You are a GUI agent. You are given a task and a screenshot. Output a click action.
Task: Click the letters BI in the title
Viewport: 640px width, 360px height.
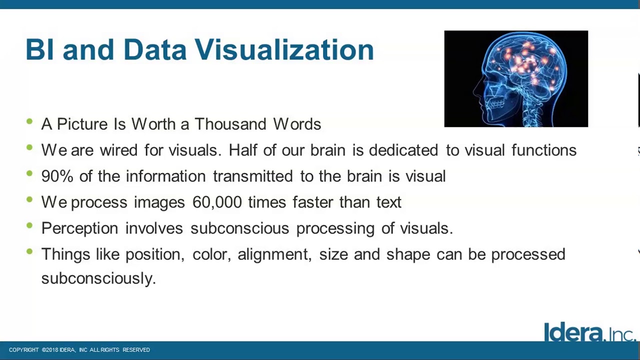[x=39, y=50]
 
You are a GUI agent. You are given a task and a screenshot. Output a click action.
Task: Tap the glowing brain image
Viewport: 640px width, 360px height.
[x=516, y=78]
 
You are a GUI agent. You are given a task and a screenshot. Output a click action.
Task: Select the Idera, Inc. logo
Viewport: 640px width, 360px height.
[x=589, y=332]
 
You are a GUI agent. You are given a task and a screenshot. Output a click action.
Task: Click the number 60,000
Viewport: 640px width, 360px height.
[x=217, y=202]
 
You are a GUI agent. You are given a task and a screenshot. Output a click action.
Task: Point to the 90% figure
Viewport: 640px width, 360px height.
[x=57, y=176]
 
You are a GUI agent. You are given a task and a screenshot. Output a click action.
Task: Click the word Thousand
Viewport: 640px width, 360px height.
[x=230, y=124]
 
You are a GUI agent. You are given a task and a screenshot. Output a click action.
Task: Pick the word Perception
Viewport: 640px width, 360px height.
[x=79, y=228]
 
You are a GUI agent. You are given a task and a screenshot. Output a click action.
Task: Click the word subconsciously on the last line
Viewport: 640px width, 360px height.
[x=98, y=278]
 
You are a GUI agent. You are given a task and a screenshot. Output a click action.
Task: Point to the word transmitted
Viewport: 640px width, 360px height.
[x=252, y=176]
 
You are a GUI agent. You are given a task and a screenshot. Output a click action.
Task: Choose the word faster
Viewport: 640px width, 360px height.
[x=312, y=202]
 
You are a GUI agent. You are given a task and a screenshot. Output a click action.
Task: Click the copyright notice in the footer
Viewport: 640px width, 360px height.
[x=79, y=350]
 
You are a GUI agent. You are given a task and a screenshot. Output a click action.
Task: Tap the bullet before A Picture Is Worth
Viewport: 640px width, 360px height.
[x=29, y=121]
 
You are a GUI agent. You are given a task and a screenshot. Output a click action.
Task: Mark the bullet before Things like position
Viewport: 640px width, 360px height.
[x=29, y=251]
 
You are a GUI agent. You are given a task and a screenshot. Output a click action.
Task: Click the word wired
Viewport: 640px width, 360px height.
[x=118, y=150]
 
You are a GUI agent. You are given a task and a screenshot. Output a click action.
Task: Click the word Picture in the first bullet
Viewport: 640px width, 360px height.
[x=82, y=124]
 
